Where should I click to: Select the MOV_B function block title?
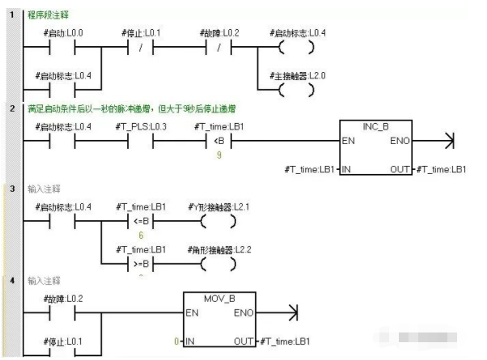(219, 298)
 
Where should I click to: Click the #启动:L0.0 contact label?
(60, 32)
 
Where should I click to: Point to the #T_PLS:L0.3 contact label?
(142, 128)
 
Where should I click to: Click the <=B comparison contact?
(142, 221)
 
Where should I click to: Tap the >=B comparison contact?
(142, 263)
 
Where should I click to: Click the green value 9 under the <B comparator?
(219, 155)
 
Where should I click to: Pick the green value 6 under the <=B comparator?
(142, 234)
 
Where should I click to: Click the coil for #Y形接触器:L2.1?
(219, 221)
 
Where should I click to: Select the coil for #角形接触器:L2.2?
(219, 263)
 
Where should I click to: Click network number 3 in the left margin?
(12, 188)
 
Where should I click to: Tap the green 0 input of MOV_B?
(176, 341)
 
